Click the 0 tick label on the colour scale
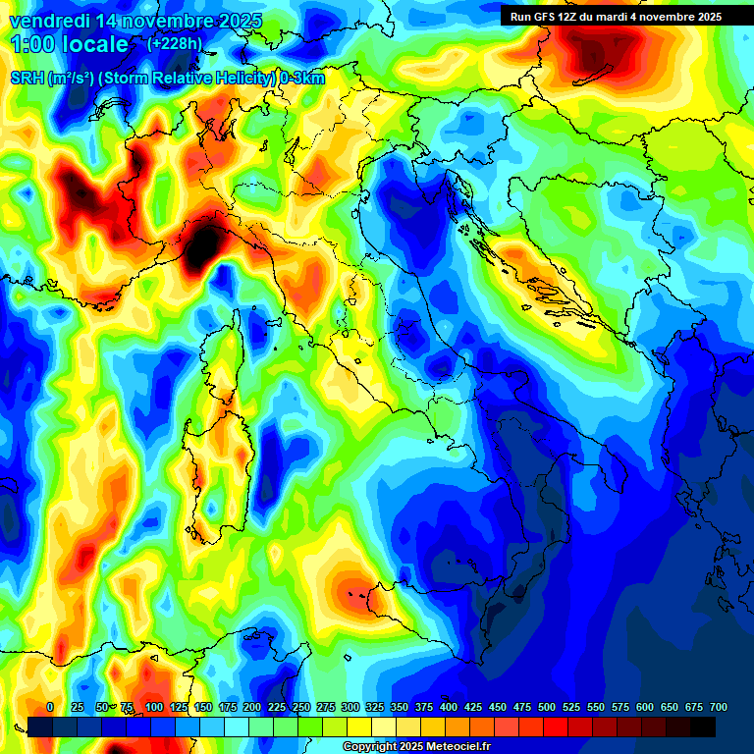(x=50, y=707)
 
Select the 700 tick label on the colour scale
(x=718, y=707)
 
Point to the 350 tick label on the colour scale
(x=400, y=707)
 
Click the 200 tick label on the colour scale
(x=252, y=707)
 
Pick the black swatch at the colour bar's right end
(x=703, y=727)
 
